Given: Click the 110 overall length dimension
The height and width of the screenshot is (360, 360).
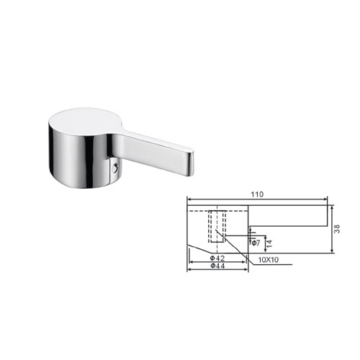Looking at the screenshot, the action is (x=257, y=194).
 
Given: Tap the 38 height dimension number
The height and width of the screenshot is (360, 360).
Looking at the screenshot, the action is (x=337, y=229).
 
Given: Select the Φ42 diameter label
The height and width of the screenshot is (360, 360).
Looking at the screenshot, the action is (x=217, y=258).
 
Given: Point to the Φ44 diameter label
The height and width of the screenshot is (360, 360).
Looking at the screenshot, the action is (x=217, y=266).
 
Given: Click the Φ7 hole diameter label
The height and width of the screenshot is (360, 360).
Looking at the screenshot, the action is (x=256, y=243).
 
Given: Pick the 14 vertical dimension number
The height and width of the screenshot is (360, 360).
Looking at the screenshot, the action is (x=269, y=243).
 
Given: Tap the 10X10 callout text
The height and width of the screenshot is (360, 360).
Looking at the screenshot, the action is (x=269, y=260).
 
